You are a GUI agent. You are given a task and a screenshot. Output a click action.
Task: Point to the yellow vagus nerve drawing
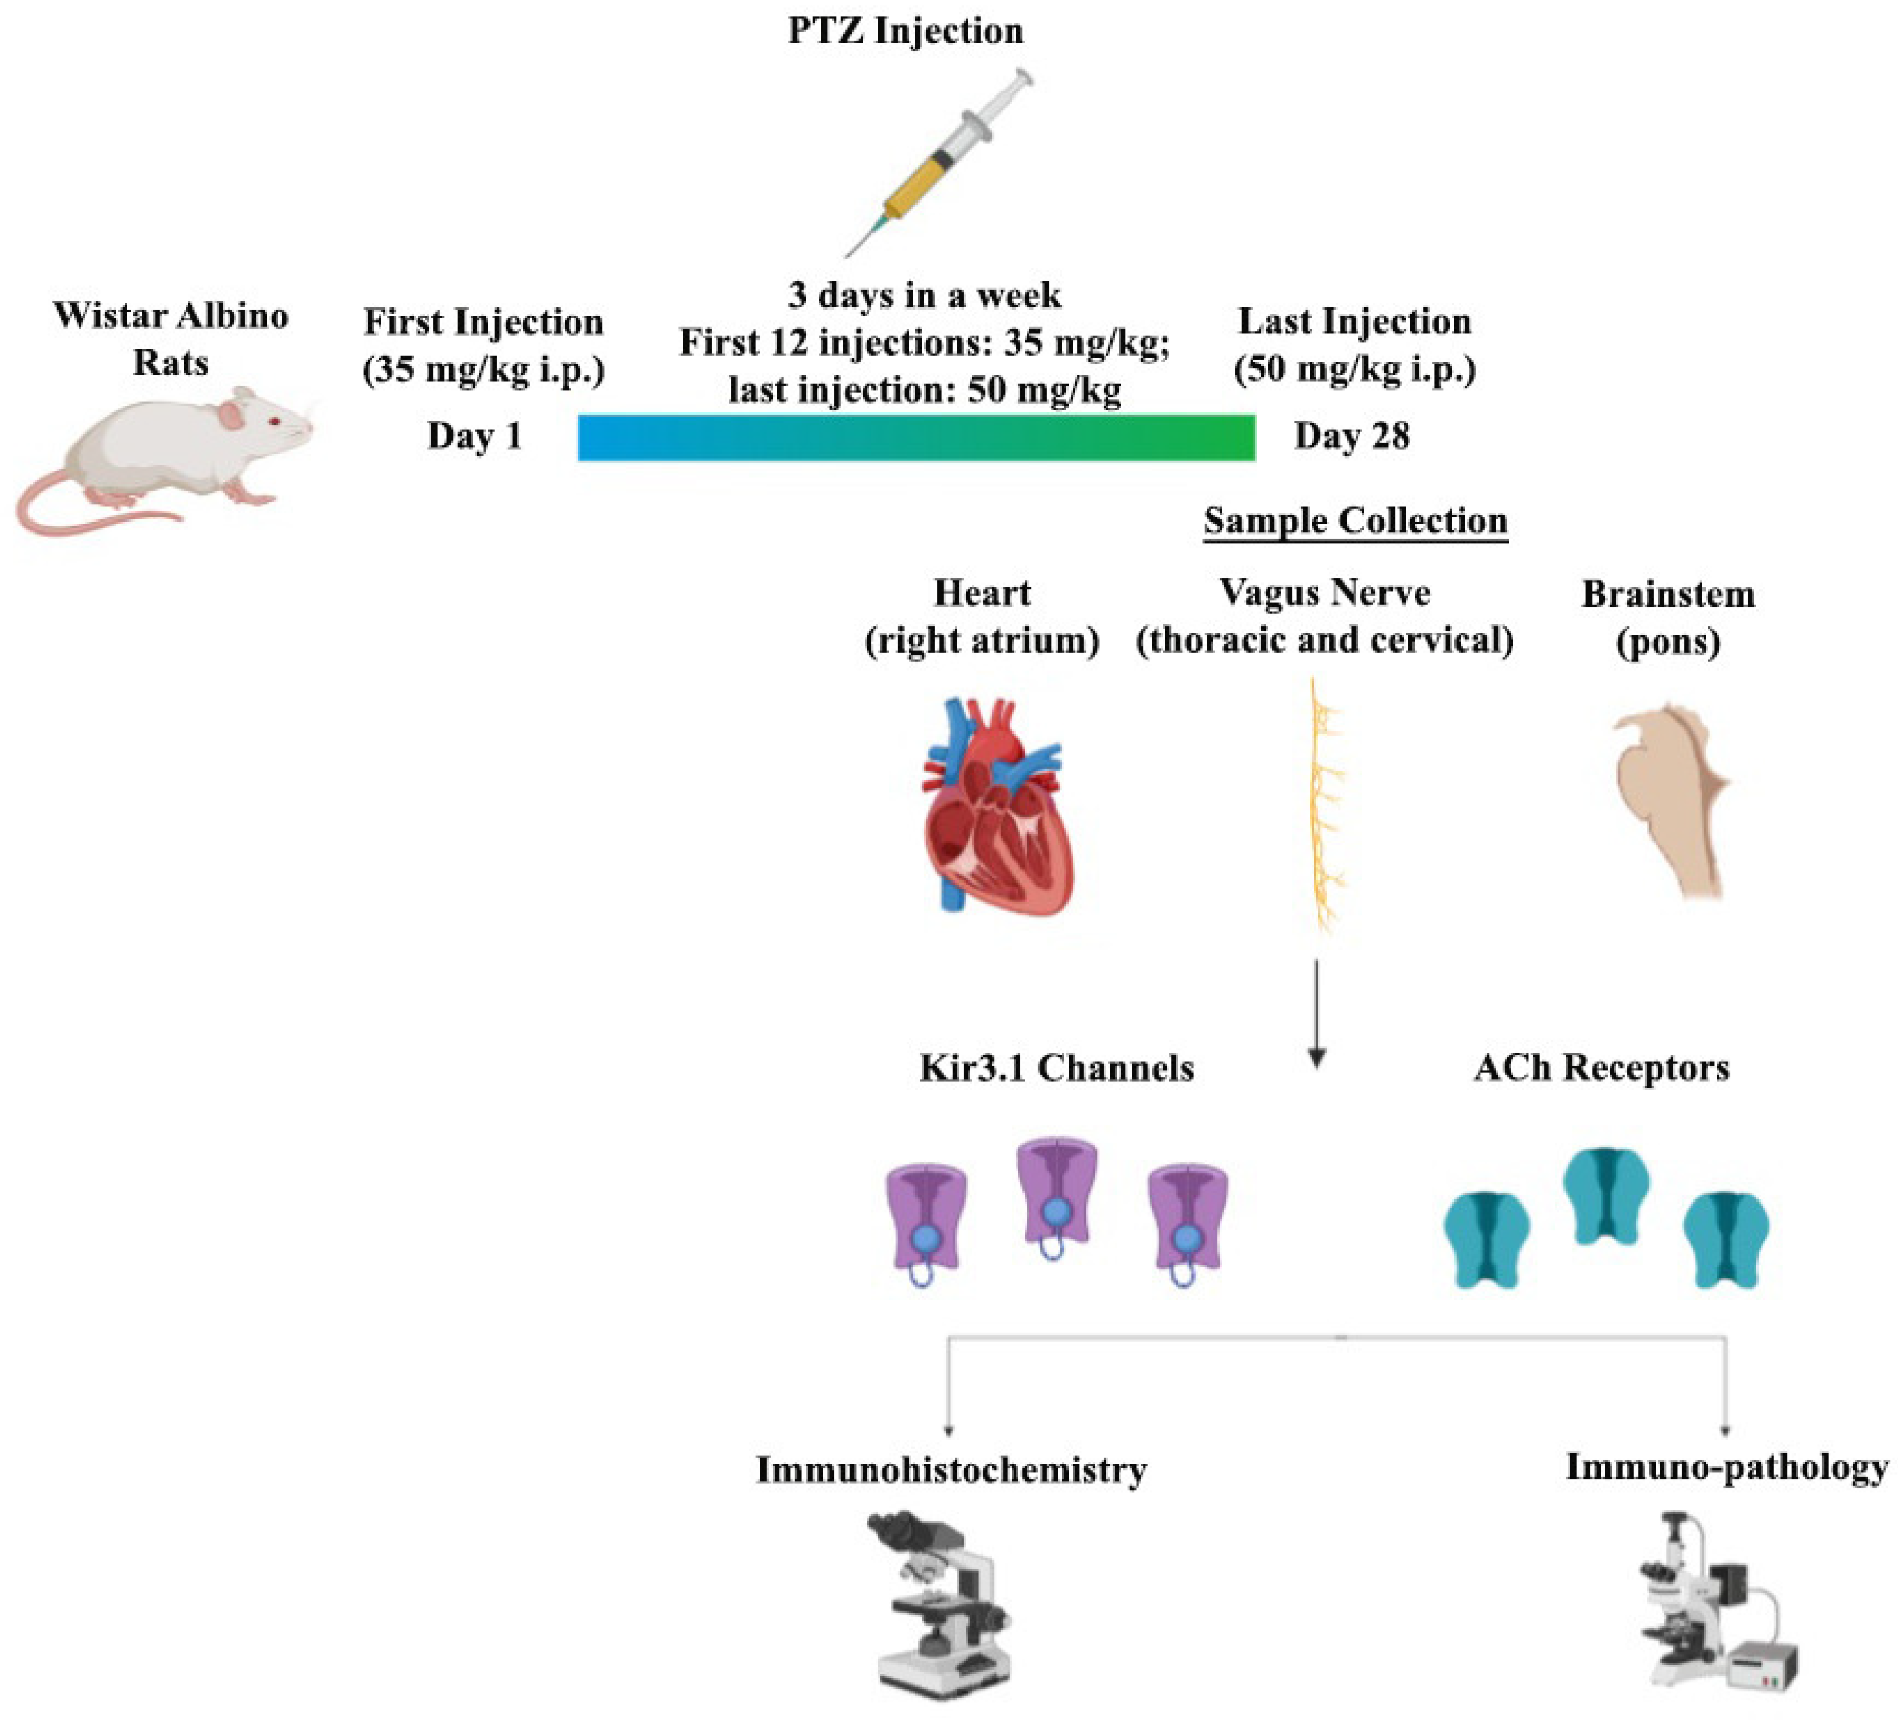pyautogui.click(x=1326, y=805)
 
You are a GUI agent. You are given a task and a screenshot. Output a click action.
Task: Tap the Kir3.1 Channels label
pyautogui.click(x=1056, y=1067)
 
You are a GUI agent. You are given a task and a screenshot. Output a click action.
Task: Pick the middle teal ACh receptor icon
pyautogui.click(x=1606, y=1195)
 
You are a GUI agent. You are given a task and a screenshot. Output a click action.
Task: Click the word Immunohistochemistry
pyautogui.click(x=951, y=1470)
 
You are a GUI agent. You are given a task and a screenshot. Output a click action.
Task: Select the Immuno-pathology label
pyautogui.click(x=1726, y=1467)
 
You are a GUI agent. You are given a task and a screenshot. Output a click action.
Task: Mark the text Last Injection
pyautogui.click(x=1354, y=321)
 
